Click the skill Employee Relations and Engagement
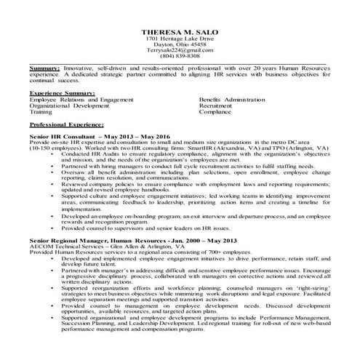(81, 100)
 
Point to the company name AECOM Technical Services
(66, 246)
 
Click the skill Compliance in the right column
(215, 113)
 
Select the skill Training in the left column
(41, 113)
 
